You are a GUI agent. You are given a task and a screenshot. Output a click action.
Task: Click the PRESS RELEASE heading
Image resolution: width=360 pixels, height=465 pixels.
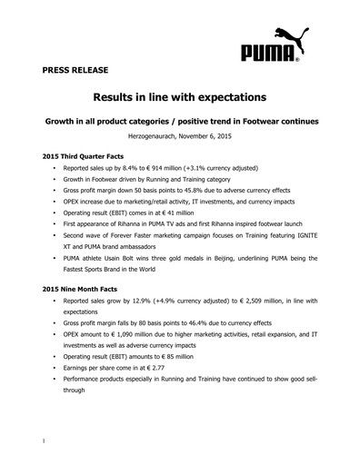[x=73, y=69]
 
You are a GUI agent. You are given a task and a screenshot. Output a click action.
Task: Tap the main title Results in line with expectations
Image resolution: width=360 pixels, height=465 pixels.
[x=179, y=95]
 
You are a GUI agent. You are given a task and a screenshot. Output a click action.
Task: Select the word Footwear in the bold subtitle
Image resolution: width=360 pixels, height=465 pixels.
[x=274, y=119]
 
